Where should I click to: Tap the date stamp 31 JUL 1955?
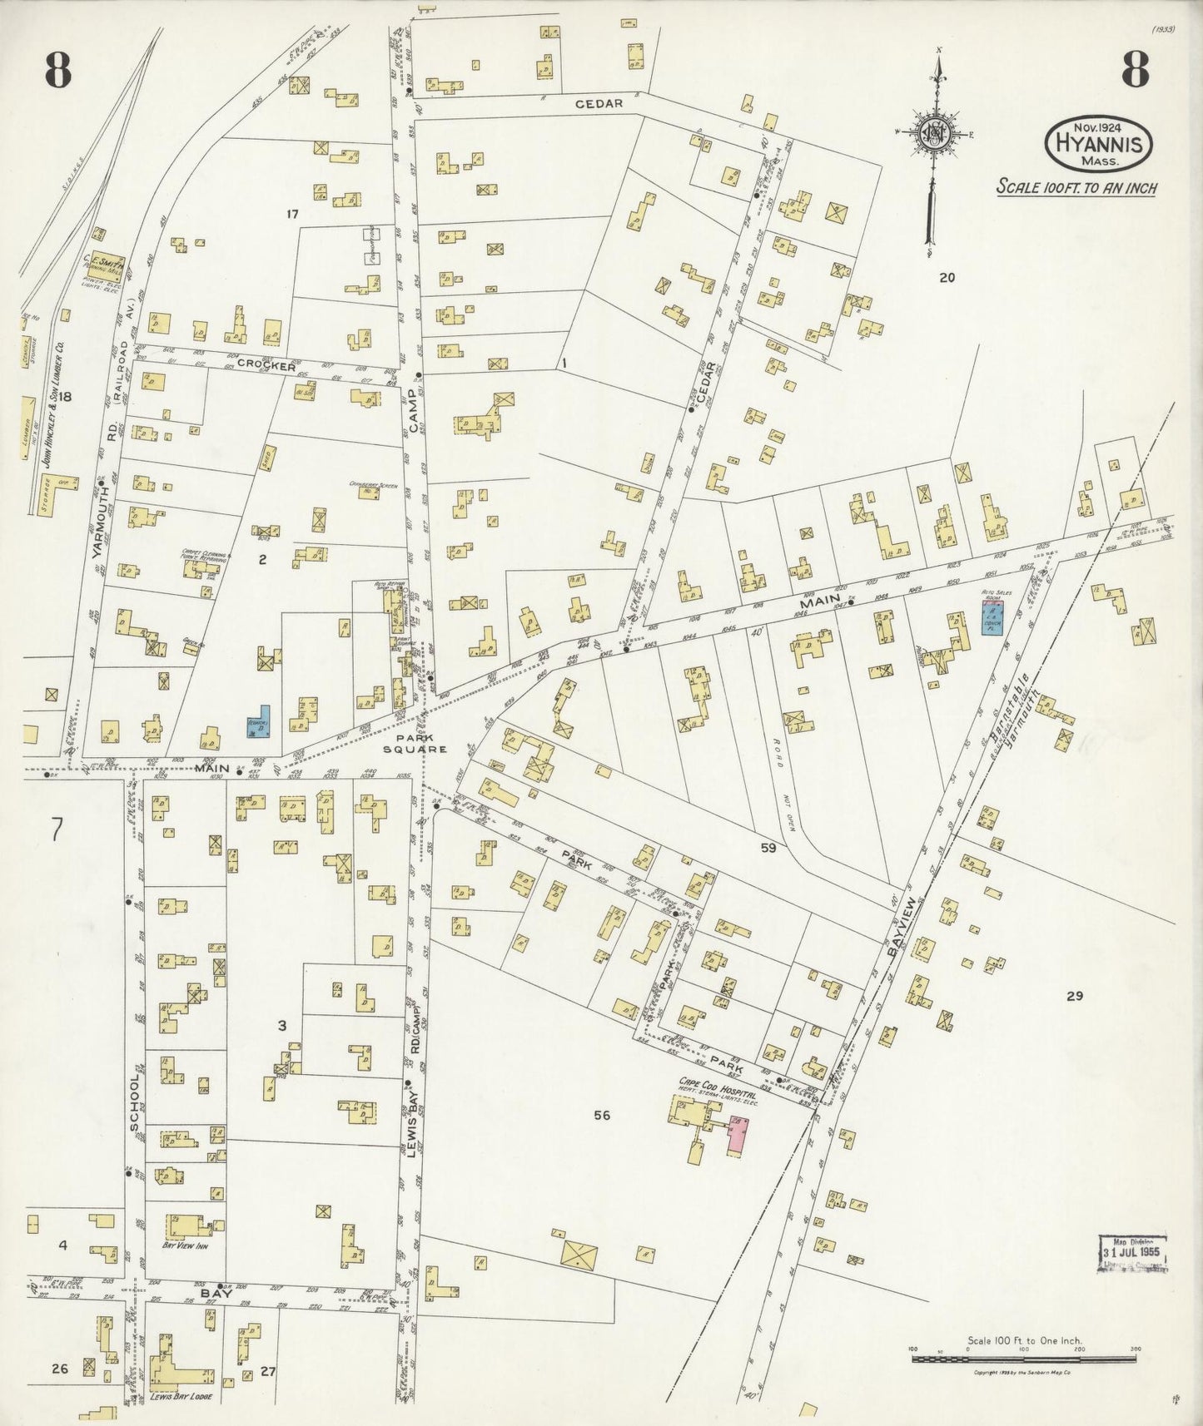coord(1132,1252)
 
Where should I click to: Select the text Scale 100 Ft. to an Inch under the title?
coord(1076,187)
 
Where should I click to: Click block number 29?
coord(1074,995)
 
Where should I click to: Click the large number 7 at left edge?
coord(57,830)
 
